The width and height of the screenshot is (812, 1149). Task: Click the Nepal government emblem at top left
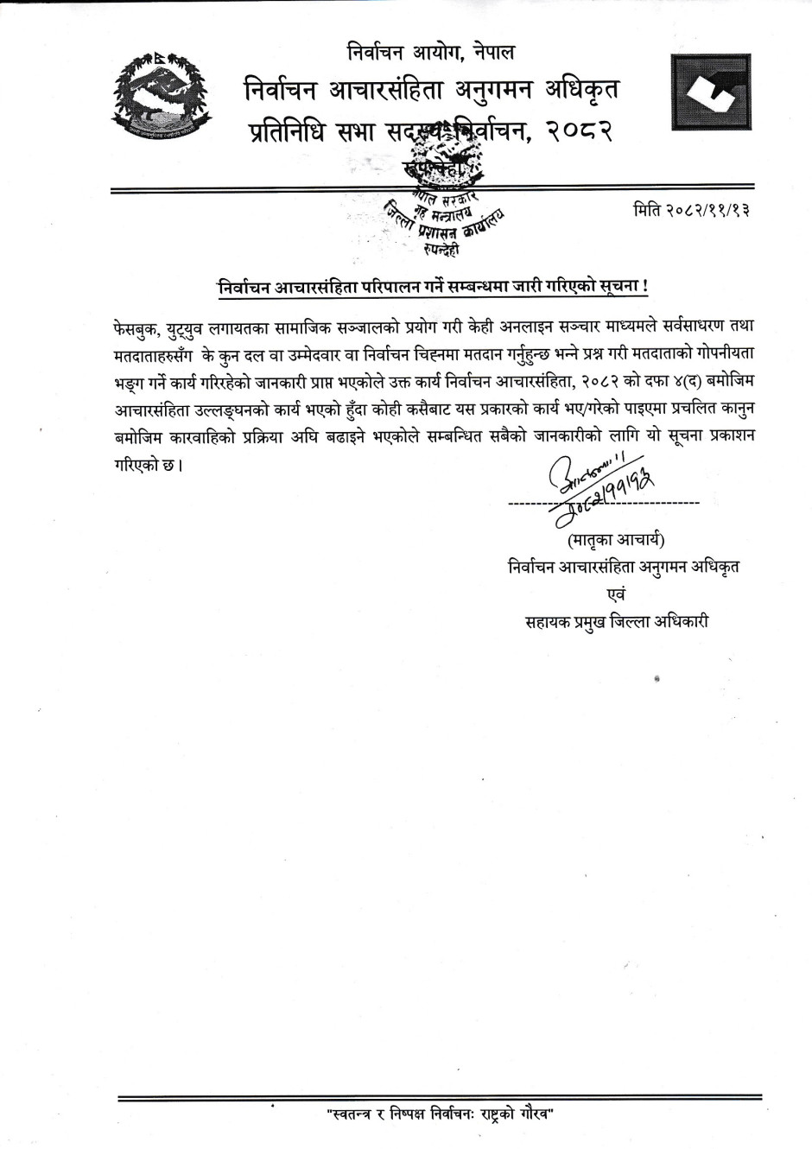pos(161,95)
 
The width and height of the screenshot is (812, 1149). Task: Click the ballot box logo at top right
pos(711,92)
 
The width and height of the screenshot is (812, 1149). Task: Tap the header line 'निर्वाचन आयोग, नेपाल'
pos(429,54)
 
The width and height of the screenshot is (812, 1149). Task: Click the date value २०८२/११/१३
pos(707,211)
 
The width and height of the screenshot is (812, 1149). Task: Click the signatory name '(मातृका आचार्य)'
pos(616,542)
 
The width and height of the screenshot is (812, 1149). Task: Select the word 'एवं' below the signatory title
pos(617,594)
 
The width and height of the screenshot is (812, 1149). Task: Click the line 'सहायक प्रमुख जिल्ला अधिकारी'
pos(617,621)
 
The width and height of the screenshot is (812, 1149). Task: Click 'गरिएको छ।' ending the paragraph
pos(148,464)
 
